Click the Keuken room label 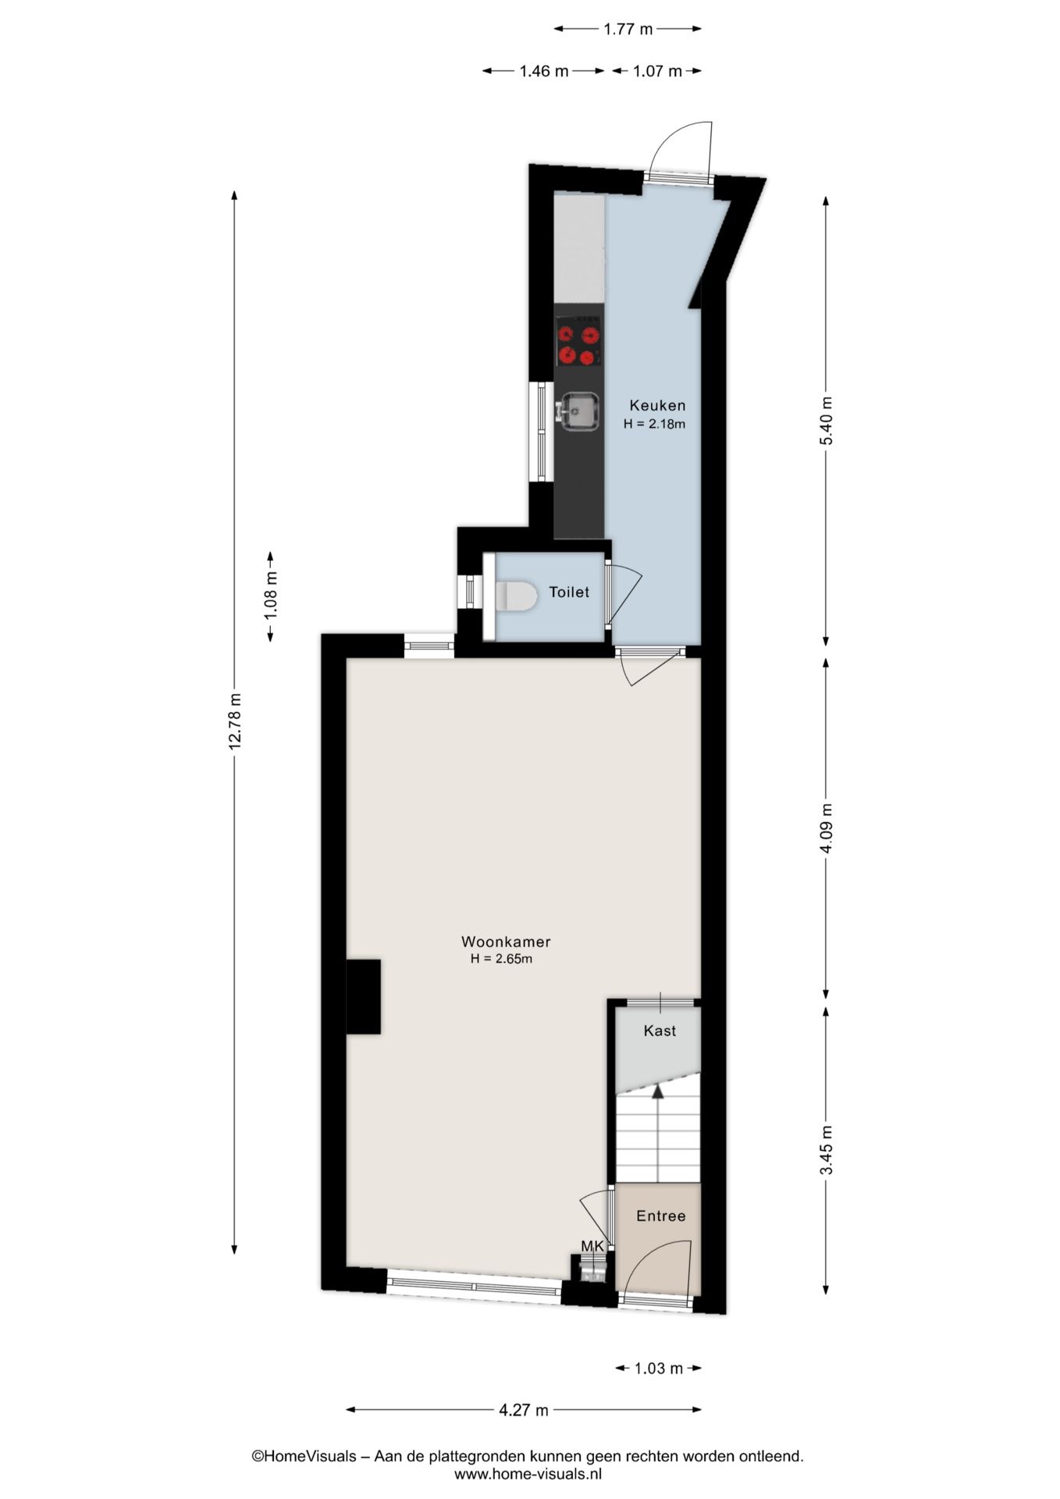pyautogui.click(x=657, y=405)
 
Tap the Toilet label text pyautogui.click(x=569, y=592)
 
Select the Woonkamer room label pyautogui.click(x=506, y=942)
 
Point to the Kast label pyautogui.click(x=660, y=1031)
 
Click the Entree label pyautogui.click(x=660, y=1216)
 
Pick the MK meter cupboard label pyautogui.click(x=592, y=1246)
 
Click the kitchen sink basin pyautogui.click(x=578, y=411)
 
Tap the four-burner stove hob pyautogui.click(x=578, y=341)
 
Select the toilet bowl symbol pyautogui.click(x=516, y=596)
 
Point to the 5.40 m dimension pyautogui.click(x=827, y=421)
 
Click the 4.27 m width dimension pyautogui.click(x=523, y=1410)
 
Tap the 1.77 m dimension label pyautogui.click(x=628, y=29)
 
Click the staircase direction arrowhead pyautogui.click(x=658, y=1090)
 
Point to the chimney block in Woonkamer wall pyautogui.click(x=363, y=997)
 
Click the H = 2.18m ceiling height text pyautogui.click(x=654, y=425)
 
